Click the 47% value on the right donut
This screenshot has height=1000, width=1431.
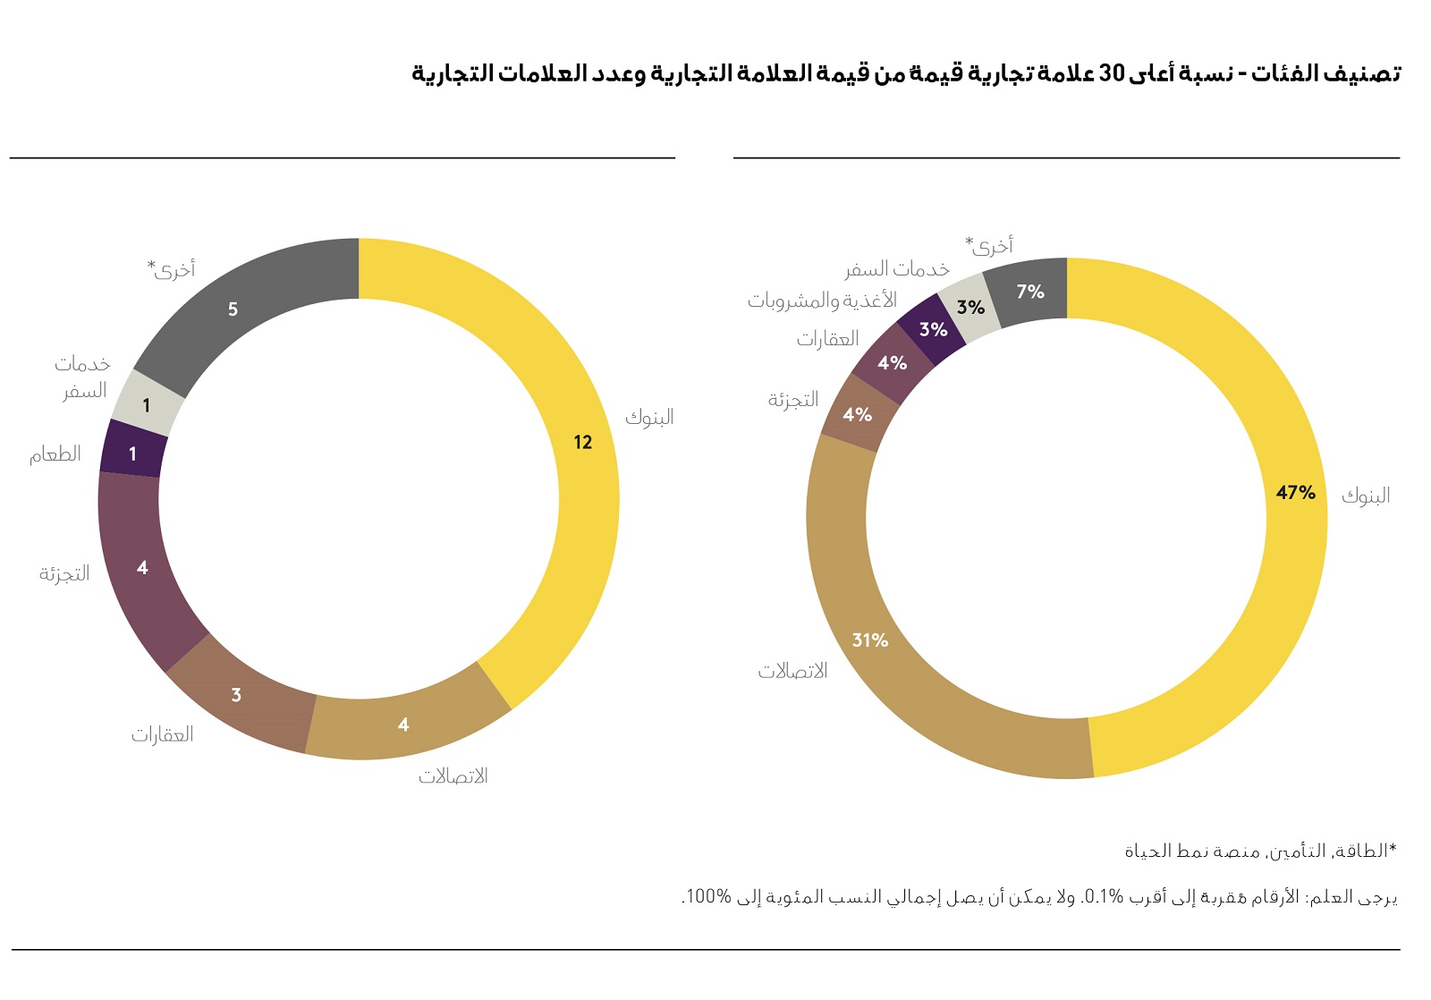coord(1295,493)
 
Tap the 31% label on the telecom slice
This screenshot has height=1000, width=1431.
coord(869,640)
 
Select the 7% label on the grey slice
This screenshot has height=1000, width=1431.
coord(1030,292)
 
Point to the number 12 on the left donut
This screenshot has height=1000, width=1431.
coord(583,442)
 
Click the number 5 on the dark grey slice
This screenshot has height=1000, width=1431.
coord(233,309)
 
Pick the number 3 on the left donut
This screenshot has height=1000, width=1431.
coord(236,695)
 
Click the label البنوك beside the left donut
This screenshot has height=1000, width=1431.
coord(649,417)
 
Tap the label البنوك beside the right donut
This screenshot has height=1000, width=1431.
coord(1366,496)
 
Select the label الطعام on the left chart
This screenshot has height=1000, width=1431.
coord(55,454)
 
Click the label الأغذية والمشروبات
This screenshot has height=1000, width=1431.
coord(822,301)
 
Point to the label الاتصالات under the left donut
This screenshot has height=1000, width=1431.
coord(453,776)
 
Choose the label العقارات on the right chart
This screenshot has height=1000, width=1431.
coord(827,339)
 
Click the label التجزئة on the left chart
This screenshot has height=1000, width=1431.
coord(64,574)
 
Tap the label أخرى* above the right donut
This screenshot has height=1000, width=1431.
coord(989,245)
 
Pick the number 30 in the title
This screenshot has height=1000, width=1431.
coord(1111,73)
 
